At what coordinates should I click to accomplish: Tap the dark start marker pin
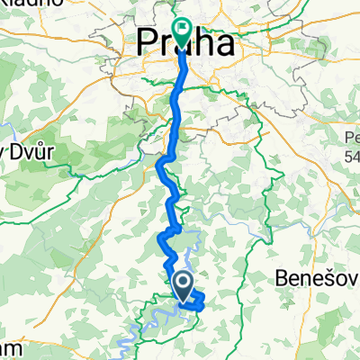(181, 287)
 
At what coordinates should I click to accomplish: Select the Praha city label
(191, 43)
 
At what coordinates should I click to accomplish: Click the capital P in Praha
(147, 43)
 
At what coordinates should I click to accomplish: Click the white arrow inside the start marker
(181, 285)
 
